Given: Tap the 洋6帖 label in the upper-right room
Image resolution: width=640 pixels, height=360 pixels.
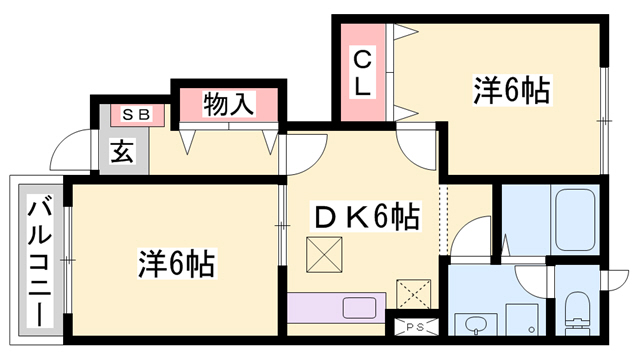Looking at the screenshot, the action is click(x=511, y=92).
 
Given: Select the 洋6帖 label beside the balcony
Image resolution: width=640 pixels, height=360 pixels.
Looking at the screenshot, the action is click(x=176, y=264).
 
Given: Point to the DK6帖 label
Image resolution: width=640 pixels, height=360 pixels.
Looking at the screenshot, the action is click(x=367, y=216).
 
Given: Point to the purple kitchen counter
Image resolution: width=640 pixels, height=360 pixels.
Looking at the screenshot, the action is click(x=336, y=306).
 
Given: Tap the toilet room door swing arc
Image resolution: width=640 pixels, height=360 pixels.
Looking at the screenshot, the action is click(x=531, y=279).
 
